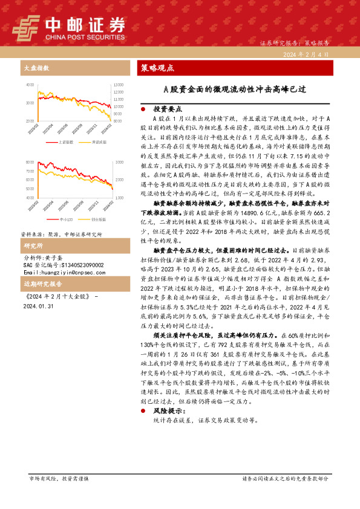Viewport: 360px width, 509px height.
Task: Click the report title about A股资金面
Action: point(235,89)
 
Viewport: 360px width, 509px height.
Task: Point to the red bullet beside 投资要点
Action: point(143,109)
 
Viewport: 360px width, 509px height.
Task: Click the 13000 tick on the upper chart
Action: point(118,84)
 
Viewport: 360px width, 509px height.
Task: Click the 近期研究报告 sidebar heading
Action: point(40,284)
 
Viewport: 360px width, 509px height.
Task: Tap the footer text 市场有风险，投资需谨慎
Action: point(59,478)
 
